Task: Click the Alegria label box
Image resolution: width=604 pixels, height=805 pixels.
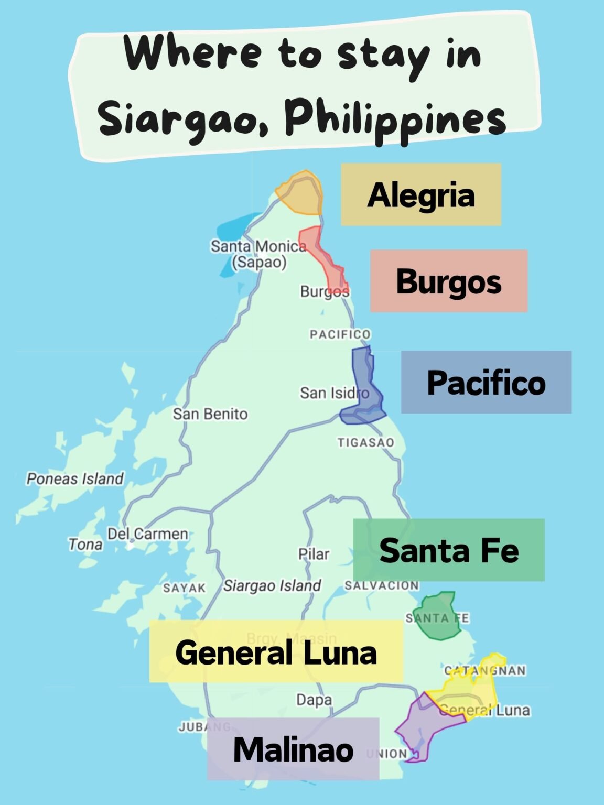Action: click(421, 194)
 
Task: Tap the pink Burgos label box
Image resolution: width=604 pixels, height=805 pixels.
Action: click(449, 281)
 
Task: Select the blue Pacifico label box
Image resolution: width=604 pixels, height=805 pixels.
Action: click(486, 382)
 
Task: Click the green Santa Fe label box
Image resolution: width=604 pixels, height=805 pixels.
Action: click(449, 550)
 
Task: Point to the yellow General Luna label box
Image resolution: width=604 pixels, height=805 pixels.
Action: click(276, 651)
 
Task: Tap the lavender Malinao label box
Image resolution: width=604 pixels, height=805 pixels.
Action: click(293, 749)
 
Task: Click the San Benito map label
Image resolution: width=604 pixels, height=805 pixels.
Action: click(210, 414)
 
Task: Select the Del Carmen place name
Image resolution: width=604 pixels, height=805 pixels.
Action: click(147, 534)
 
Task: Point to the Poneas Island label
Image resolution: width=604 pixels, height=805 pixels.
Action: click(75, 478)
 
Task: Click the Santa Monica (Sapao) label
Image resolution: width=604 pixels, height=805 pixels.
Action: click(258, 254)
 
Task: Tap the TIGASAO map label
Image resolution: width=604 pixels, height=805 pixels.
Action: click(365, 442)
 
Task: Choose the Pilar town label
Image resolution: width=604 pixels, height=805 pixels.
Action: click(314, 554)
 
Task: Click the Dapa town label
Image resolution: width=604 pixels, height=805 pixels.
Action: click(314, 700)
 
